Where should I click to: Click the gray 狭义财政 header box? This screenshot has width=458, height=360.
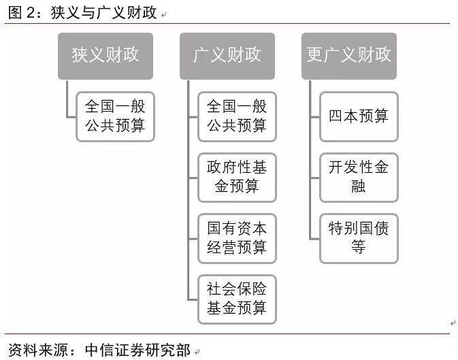pos(105,56)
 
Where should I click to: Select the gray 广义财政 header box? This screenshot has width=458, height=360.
pos(227,56)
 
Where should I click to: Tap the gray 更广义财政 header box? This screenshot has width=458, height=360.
pos(349,56)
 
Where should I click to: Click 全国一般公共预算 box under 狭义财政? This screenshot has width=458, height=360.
pos(115,116)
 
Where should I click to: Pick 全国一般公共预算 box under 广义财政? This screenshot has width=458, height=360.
pos(237,116)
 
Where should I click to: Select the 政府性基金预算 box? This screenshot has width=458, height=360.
pos(237,178)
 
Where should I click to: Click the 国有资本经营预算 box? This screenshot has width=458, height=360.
pos(237,238)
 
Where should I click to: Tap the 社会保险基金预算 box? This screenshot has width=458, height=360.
pos(237,299)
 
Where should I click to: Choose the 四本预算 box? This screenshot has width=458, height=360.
pos(359,116)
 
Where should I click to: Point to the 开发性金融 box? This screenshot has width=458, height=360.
pos(359,178)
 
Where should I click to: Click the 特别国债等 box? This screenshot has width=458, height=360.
pos(359,238)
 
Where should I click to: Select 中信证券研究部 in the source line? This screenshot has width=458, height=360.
pos(137,350)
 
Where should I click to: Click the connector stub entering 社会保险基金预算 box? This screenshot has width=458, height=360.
pos(193,299)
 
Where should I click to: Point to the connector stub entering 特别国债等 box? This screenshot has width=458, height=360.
pos(315,239)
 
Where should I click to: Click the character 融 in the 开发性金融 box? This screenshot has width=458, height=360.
pos(359,186)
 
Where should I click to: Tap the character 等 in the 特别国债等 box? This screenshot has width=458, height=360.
pos(359,246)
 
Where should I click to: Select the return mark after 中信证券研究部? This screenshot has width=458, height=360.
pos(197,352)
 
